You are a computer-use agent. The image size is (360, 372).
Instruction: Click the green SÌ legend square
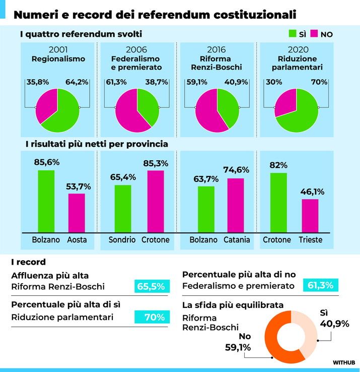point(292,34)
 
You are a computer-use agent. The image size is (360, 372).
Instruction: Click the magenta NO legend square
point(315,34)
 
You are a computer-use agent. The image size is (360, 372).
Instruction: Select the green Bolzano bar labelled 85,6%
point(46,201)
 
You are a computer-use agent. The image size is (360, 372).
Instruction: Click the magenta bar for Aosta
point(77,212)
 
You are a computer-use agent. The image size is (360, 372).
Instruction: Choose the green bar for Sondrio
point(123,208)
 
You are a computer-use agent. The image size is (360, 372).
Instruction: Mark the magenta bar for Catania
point(236,205)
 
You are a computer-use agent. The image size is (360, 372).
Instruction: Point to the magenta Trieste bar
point(310,215)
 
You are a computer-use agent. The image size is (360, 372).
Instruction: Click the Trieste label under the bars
point(310,240)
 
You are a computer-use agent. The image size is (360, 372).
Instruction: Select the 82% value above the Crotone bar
point(278,165)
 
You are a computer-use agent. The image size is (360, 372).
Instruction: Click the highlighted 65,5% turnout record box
point(151,286)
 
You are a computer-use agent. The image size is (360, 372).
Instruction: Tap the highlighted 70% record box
point(151,317)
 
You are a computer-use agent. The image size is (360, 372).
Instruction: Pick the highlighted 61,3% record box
point(321,285)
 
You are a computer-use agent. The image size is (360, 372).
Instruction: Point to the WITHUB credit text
point(344,362)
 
